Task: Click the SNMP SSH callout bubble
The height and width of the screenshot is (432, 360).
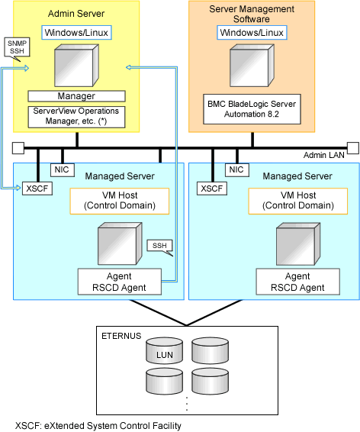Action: pyautogui.click(x=17, y=47)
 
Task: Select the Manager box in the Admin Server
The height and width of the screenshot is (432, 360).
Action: pyautogui.click(x=76, y=96)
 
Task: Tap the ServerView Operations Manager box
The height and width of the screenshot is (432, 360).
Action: pyautogui.click(x=76, y=117)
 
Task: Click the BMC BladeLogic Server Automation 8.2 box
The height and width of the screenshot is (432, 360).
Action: pyautogui.click(x=252, y=109)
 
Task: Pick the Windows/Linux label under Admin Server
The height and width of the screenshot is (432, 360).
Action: pyautogui.click(x=76, y=33)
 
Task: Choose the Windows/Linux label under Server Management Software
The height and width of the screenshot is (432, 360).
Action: pyautogui.click(x=252, y=33)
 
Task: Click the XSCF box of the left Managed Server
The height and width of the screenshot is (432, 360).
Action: pyautogui.click(x=37, y=189)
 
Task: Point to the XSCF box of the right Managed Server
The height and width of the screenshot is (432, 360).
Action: pyautogui.click(x=212, y=189)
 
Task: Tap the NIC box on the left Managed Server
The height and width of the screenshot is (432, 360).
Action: pyautogui.click(x=63, y=169)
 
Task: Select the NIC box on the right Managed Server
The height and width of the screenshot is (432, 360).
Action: pyautogui.click(x=237, y=169)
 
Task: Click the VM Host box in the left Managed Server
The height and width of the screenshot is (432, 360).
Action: pyautogui.click(x=120, y=201)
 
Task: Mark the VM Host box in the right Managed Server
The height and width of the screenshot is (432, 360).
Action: pyautogui.click(x=298, y=201)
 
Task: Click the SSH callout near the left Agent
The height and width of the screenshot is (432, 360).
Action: pyautogui.click(x=160, y=247)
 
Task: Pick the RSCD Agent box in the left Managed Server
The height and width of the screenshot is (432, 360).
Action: pyautogui.click(x=120, y=282)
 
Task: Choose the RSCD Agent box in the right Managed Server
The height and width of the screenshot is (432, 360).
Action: pyautogui.click(x=297, y=282)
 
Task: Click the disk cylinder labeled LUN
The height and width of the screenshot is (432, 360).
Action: pyautogui.click(x=164, y=351)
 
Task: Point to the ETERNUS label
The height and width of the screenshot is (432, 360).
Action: pyautogui.click(x=121, y=336)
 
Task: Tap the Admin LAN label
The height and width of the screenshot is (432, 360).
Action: pyautogui.click(x=324, y=156)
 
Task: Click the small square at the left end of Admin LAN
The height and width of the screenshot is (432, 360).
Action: pyautogui.click(x=18, y=148)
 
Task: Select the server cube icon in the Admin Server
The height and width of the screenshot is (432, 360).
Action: pyautogui.click(x=76, y=66)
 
